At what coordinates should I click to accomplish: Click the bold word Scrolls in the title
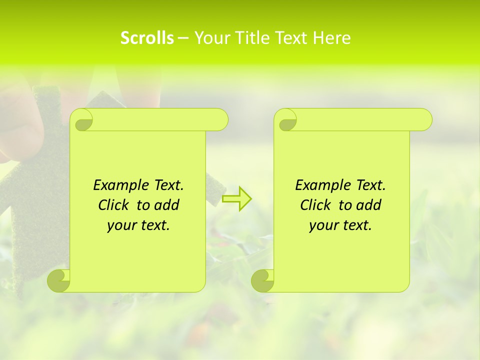tap(147, 38)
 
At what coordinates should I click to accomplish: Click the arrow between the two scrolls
tap(236, 199)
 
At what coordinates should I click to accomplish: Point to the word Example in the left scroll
tap(118, 185)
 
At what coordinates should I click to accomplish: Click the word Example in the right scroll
tap(320, 185)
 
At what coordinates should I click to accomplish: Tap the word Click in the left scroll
tap(113, 205)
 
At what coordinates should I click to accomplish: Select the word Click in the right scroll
tap(315, 205)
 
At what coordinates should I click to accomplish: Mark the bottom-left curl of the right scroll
tap(262, 280)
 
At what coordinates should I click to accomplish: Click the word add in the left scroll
tap(166, 205)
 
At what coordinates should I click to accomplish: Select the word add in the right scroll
tap(368, 205)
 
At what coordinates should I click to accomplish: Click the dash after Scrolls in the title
tap(183, 38)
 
